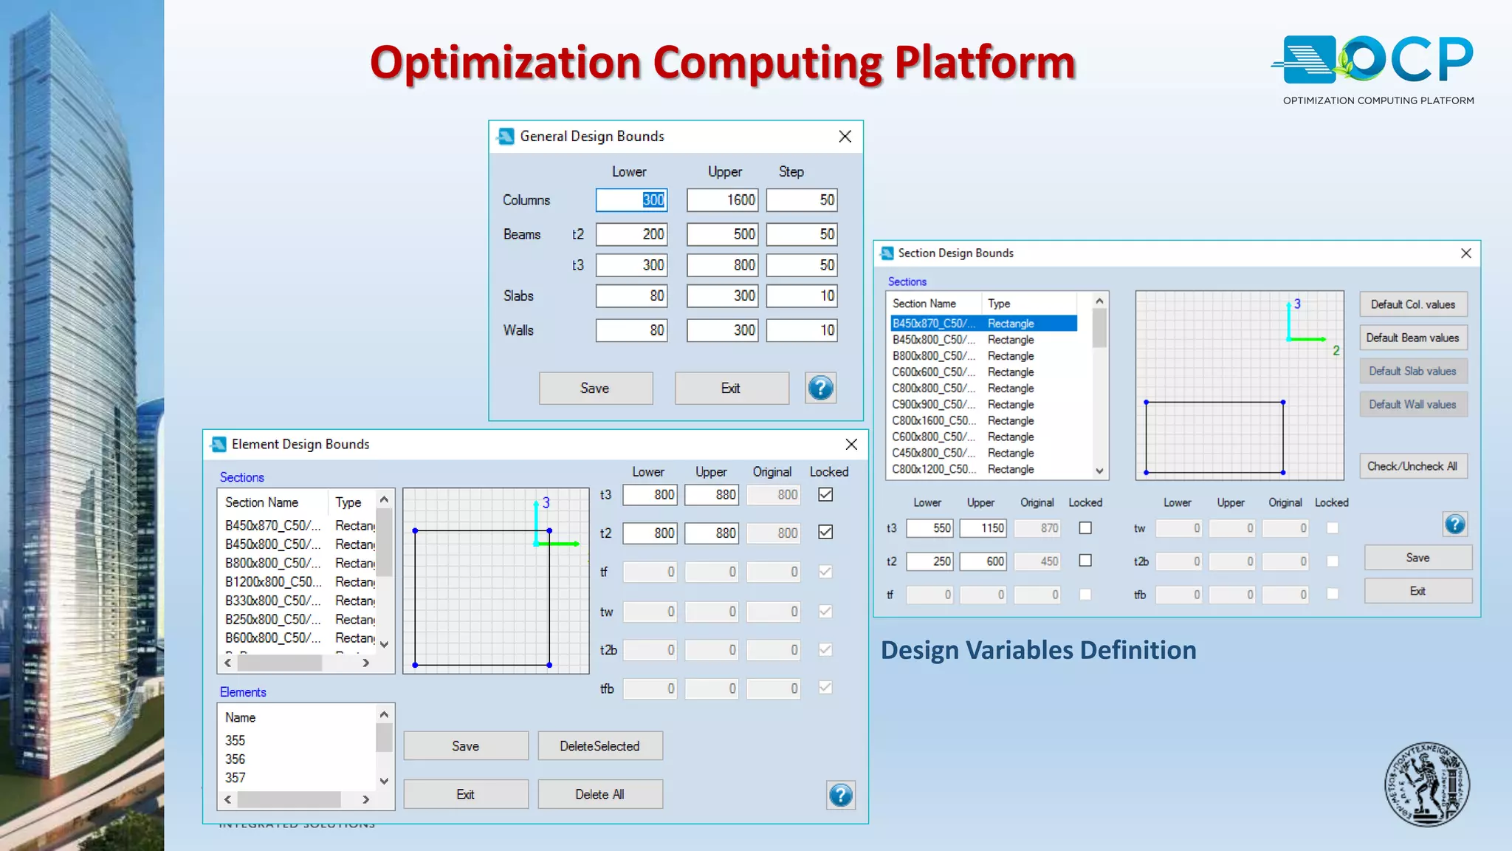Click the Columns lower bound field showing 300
pos(631,200)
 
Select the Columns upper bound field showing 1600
pos(722,200)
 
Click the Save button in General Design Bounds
pos(595,389)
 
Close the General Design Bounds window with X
pos(845,137)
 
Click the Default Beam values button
pos(1412,338)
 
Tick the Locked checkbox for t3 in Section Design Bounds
pos(1085,528)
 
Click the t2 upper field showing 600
pos(983,561)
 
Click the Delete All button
pos(599,795)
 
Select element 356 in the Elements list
pos(236,759)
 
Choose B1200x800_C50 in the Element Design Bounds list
pos(273,582)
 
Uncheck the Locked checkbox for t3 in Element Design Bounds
pos(825,495)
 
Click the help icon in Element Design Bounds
pos(840,796)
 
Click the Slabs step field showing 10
pos(802,296)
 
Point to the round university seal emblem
pos(1426,785)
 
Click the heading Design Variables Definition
pos(1038,651)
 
